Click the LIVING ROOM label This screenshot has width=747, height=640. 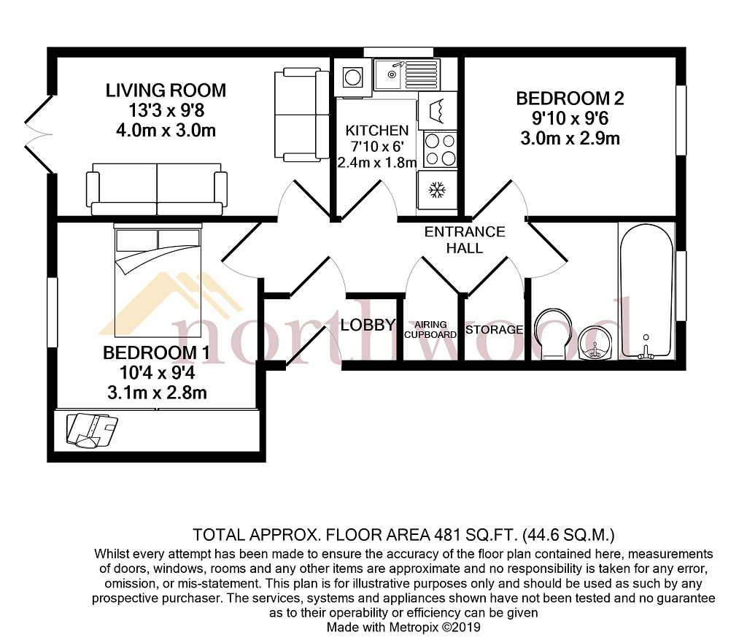(x=166, y=90)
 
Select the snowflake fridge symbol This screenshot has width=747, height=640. (x=437, y=190)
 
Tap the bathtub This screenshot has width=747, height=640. (x=646, y=291)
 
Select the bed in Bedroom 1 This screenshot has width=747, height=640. (x=158, y=281)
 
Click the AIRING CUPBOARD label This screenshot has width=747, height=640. (x=430, y=330)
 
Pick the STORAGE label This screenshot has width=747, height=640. (x=494, y=330)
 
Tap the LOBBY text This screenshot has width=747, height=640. (x=368, y=325)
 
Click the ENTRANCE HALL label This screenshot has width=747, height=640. (x=465, y=239)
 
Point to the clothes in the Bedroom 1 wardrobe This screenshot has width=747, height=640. (x=92, y=431)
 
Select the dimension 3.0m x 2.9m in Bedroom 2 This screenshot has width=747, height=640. (x=570, y=139)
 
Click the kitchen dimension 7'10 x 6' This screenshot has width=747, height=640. (x=377, y=146)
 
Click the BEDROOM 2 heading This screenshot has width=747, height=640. (x=570, y=99)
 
